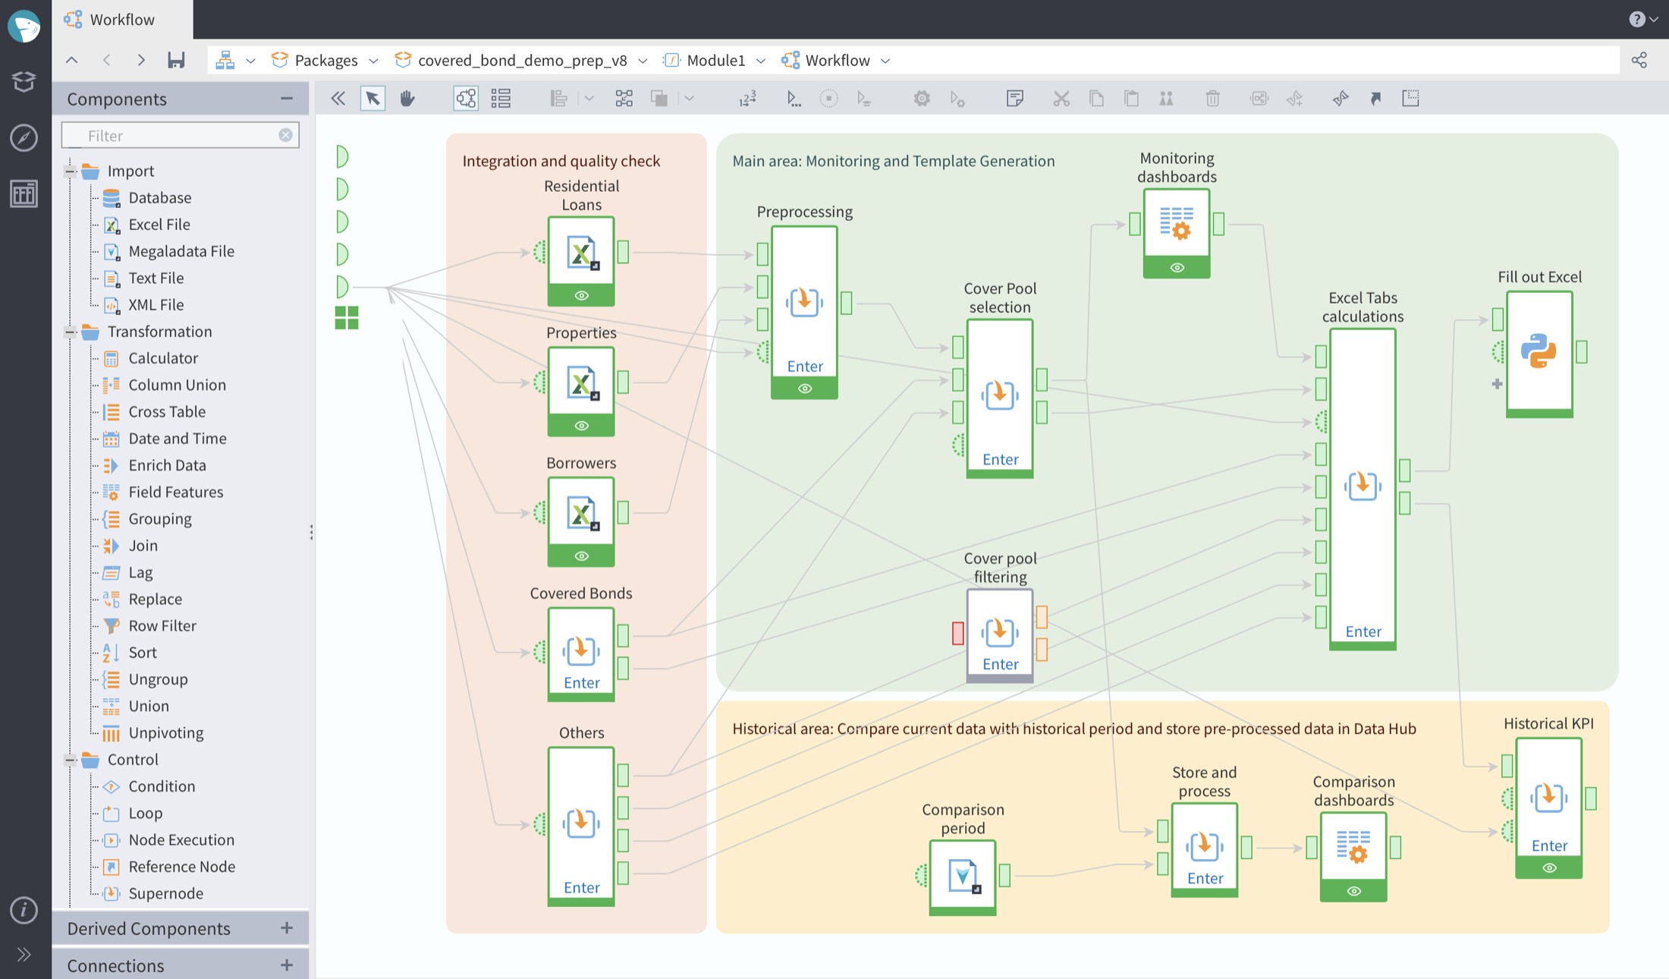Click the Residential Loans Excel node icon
(x=581, y=253)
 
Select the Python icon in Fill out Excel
(x=1539, y=351)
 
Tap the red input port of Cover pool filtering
(x=958, y=633)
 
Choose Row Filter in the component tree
(x=162, y=625)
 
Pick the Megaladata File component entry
(x=181, y=251)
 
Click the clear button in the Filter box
(x=285, y=135)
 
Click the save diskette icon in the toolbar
(x=176, y=60)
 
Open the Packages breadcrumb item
(x=325, y=60)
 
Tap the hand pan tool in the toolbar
(x=407, y=98)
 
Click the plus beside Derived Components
(x=287, y=927)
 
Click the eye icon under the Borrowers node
(x=581, y=556)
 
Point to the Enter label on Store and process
(x=1205, y=878)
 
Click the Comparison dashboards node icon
(x=1353, y=846)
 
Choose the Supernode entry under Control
(x=165, y=893)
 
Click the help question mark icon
(x=1636, y=19)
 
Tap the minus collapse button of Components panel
(x=287, y=99)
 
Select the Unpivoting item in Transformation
(x=165, y=732)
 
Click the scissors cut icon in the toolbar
(x=1061, y=99)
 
